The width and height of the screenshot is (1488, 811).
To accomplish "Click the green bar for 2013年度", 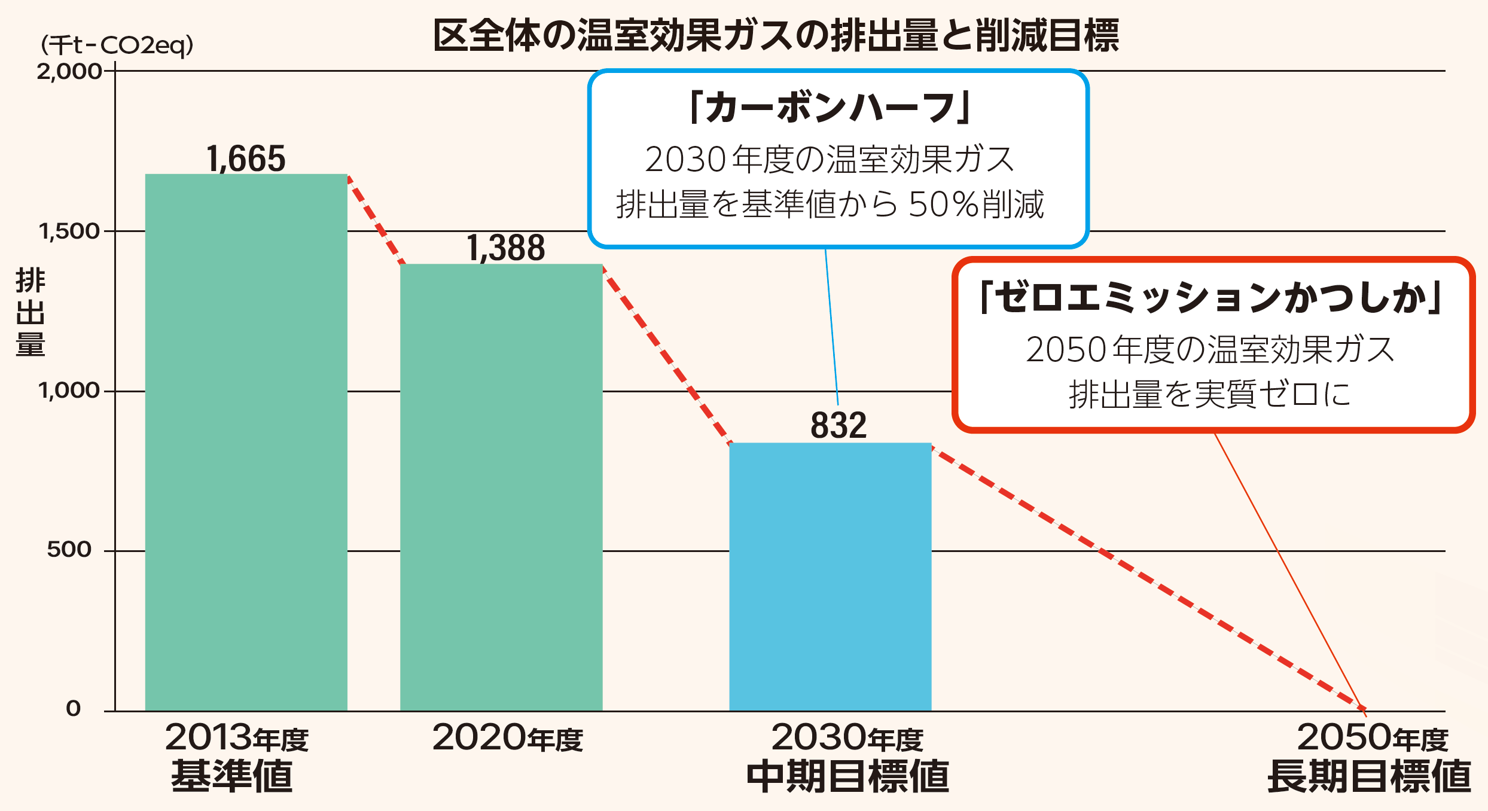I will pos(246,443).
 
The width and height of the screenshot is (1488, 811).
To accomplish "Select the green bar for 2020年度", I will pos(501,487).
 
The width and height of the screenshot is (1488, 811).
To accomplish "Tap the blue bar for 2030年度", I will pos(830,577).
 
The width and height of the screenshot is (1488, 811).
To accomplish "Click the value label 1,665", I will pos(246,159).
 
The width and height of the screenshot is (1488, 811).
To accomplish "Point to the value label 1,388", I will pos(506,248).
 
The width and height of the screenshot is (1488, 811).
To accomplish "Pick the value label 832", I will pos(838,426).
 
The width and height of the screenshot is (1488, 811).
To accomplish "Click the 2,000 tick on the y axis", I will pos(69,72).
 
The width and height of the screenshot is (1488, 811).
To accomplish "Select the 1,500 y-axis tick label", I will pos(69,231).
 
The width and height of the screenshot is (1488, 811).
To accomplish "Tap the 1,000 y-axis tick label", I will pos(69,391).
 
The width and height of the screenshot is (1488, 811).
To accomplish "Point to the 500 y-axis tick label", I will pos(69,550).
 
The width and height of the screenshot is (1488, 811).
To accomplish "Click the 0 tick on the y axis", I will pos(73,709).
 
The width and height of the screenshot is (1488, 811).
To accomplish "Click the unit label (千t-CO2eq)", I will pos(117,45).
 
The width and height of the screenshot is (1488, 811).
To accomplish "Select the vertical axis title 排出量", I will pos(30,312).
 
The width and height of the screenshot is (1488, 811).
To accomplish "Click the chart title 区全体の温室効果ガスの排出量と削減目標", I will pos(776,36).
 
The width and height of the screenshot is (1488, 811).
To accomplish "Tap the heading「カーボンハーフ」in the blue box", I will pos(830,108).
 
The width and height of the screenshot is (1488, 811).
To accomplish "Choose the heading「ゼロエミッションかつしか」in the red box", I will pos(1212,297).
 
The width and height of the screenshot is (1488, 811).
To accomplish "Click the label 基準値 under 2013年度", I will pos(232,776).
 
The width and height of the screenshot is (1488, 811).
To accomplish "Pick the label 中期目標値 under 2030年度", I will pos(848,776).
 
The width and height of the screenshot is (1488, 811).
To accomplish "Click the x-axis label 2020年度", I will pos(507,738).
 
